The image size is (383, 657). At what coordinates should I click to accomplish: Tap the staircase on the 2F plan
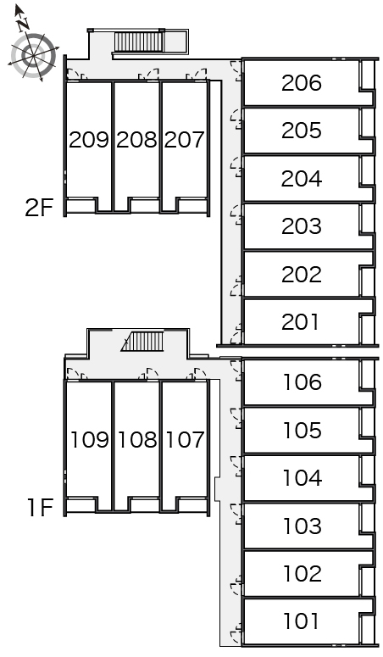(138, 42)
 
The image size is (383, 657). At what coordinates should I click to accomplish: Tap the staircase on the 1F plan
(142, 341)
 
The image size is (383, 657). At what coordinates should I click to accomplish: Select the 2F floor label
(39, 208)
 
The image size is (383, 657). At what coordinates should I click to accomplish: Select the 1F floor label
(40, 508)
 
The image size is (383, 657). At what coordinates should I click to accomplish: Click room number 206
(302, 83)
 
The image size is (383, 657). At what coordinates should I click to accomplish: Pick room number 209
(89, 140)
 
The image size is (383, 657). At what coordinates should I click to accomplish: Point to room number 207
(184, 140)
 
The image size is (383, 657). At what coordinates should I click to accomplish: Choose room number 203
(302, 226)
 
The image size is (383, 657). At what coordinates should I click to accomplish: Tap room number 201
(300, 322)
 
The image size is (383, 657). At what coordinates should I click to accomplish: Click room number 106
(303, 382)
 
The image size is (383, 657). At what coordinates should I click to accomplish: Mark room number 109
(90, 439)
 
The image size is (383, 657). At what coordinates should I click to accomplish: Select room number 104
(303, 478)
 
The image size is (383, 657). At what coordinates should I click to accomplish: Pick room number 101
(301, 621)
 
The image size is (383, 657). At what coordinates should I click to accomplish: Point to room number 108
(137, 439)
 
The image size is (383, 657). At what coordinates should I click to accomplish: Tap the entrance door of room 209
(74, 74)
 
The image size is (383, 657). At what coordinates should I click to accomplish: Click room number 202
(302, 275)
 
